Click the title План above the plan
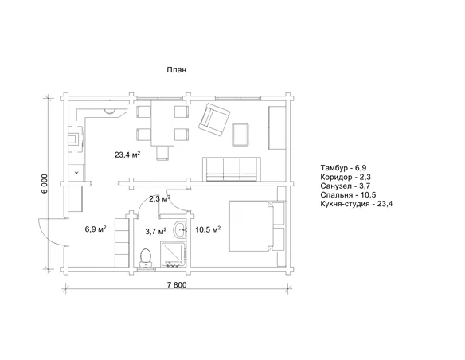[176, 70]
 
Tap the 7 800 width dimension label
[177, 285]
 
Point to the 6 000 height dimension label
[45, 183]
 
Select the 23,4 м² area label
[127, 155]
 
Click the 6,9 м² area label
[96, 229]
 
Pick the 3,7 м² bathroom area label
[155, 231]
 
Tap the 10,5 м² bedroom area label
[208, 229]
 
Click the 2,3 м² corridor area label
[159, 198]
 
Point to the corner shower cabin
[174, 254]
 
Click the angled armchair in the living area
[214, 119]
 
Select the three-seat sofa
[232, 169]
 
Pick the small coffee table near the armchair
[240, 135]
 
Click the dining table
[162, 123]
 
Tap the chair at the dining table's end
[162, 154]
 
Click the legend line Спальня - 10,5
[348, 195]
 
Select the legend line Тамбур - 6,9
[343, 168]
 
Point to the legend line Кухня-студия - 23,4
[357, 204]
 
